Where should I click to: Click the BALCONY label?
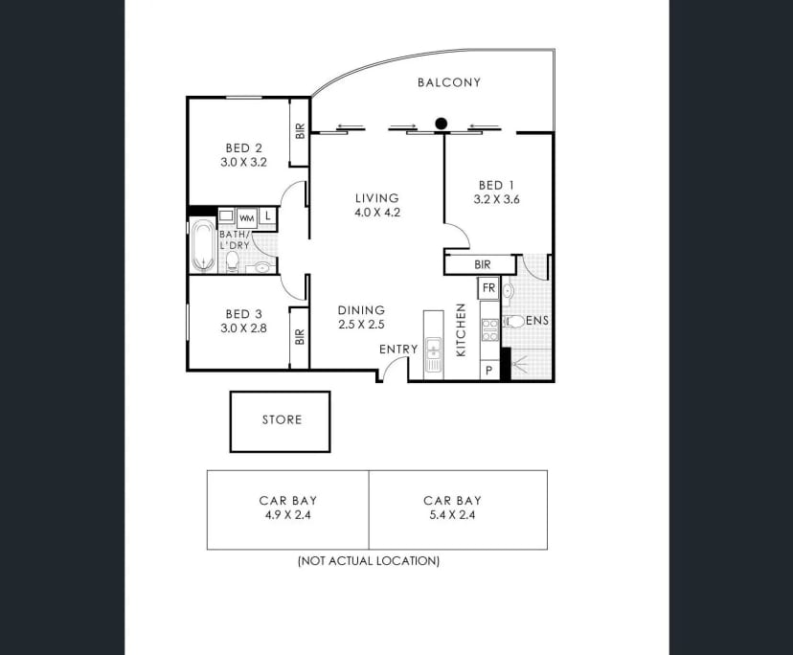449,82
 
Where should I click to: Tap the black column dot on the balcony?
441,123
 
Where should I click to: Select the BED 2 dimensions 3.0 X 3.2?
243,163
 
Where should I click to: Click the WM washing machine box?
247,218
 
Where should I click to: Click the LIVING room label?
376,198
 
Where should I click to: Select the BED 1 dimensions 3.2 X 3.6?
497,199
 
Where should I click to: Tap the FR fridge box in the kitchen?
488,288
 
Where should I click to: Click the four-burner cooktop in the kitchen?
490,329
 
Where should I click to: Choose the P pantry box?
489,371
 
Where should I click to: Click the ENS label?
537,321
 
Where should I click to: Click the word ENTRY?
398,349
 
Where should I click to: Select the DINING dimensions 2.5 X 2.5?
361,325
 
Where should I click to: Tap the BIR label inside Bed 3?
300,337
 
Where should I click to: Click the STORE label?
282,419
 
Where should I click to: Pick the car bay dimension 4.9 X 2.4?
287,515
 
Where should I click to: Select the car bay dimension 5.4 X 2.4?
452,515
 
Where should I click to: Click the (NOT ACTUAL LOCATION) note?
369,561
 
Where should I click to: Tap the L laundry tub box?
268,216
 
